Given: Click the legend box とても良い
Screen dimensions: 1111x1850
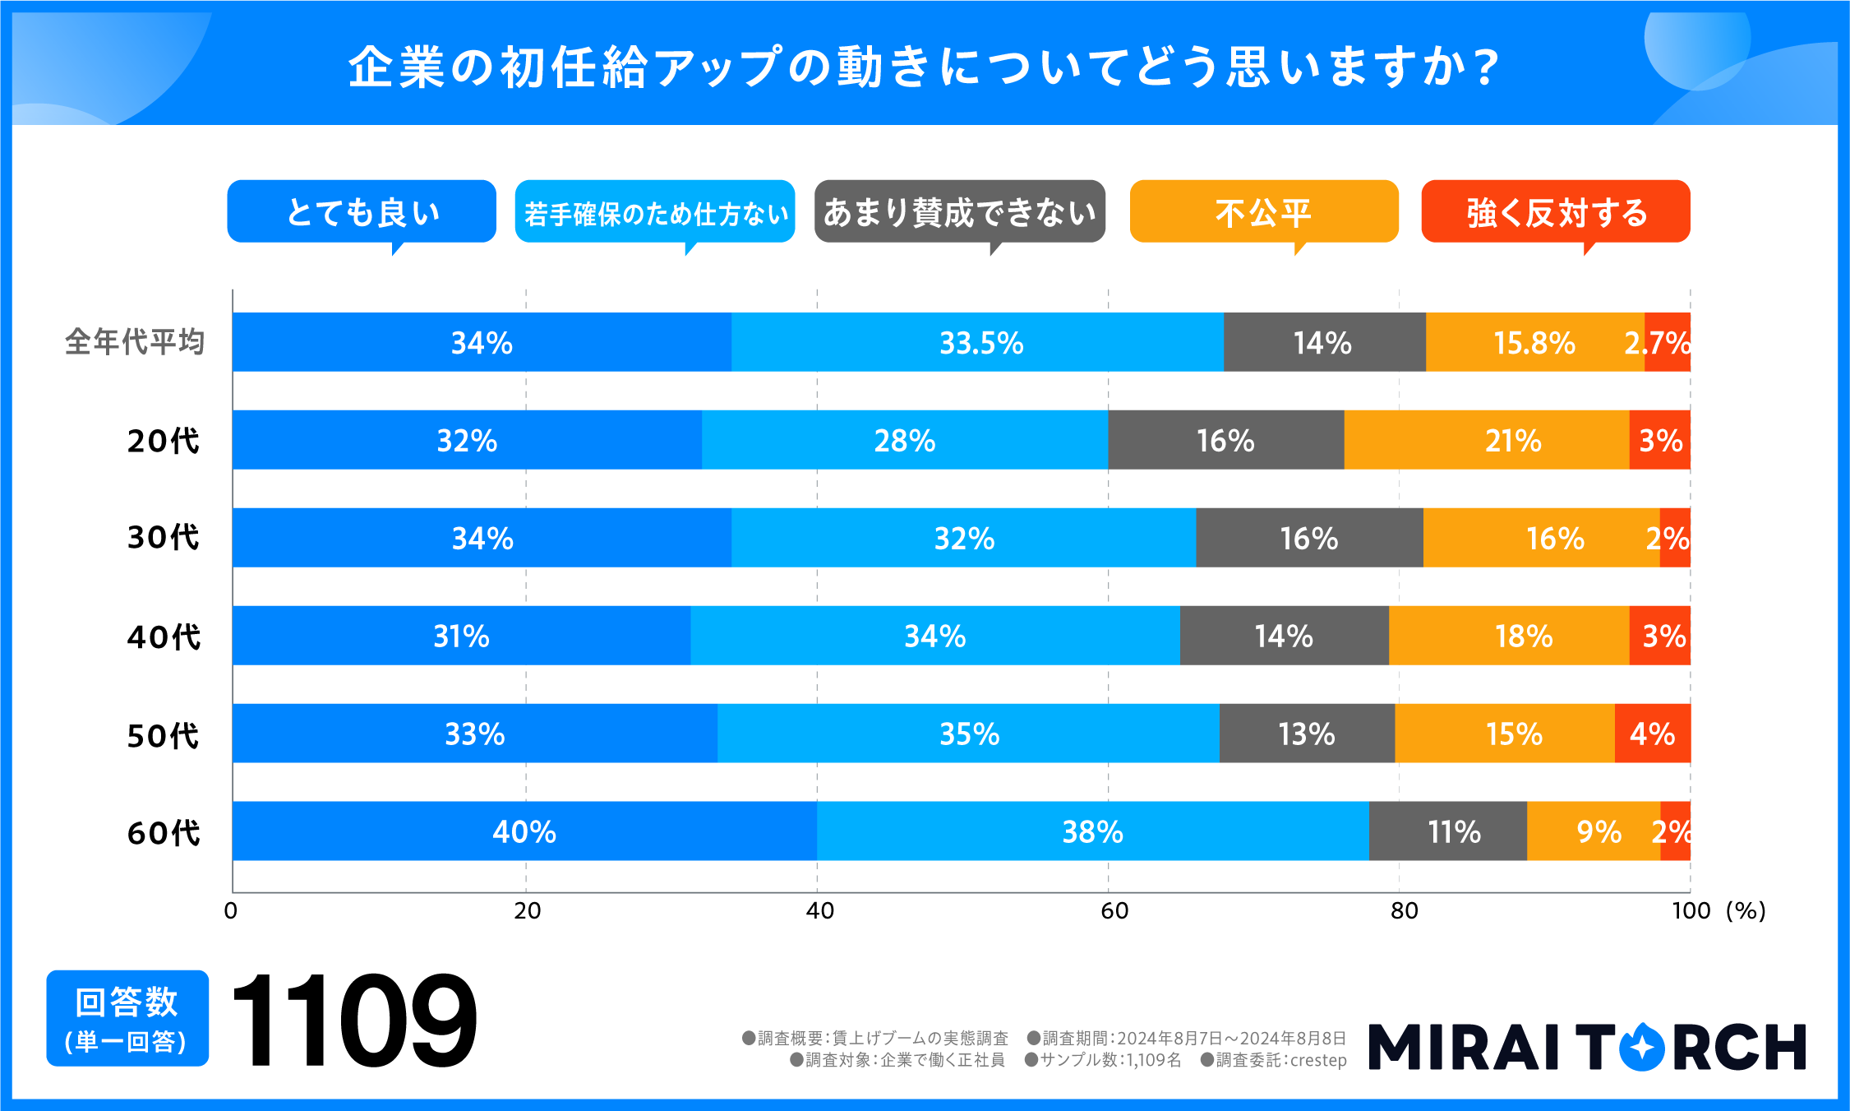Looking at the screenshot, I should tap(362, 212).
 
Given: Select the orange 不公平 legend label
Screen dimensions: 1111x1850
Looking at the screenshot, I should tap(1263, 212).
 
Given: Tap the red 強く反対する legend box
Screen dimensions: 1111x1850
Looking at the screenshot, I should tap(1555, 212).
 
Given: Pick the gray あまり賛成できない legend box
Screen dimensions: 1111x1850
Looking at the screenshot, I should tap(959, 212).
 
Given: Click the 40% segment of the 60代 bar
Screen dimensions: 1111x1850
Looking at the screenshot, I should tap(524, 831).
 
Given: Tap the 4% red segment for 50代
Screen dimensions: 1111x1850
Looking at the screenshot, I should tap(1652, 734).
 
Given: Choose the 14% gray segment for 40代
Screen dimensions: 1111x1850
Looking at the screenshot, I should tap(1284, 636).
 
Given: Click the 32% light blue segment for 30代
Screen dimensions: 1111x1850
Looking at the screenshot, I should tap(963, 538).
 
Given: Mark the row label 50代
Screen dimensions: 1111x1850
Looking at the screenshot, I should tap(163, 735).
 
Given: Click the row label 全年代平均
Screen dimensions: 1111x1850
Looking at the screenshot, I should tap(135, 342).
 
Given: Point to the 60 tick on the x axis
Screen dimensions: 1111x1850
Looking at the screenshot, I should tap(1114, 911).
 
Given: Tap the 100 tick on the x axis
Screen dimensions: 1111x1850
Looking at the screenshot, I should tap(1691, 911).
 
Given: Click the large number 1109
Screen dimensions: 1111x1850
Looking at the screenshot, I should tap(353, 1020).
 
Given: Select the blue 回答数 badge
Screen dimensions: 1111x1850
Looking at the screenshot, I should tap(127, 1018).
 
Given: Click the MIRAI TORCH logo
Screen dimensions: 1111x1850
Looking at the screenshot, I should tap(1586, 1047).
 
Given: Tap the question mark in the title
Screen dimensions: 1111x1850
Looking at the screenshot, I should tap(1486, 67).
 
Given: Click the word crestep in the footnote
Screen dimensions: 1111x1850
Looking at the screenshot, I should tap(1318, 1060).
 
